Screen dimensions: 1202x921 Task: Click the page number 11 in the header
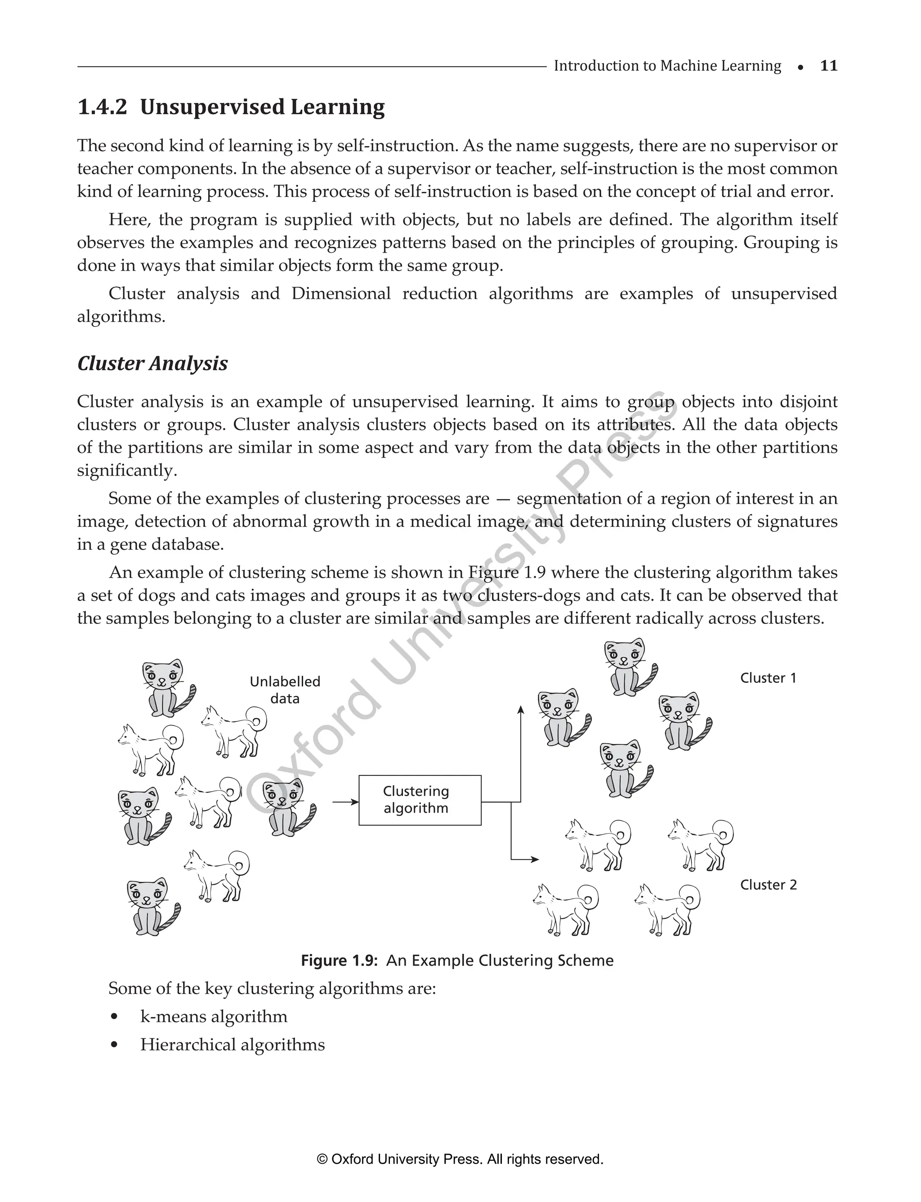tap(828, 66)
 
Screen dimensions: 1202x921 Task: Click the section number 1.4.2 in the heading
tap(102, 107)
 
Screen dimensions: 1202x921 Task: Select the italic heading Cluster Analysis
tap(152, 363)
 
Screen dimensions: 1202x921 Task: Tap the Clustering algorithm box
tap(420, 800)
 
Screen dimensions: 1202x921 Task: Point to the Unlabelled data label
tap(285, 690)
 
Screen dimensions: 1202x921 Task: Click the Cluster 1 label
tap(768, 678)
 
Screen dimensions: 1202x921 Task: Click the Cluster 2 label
tap(768, 884)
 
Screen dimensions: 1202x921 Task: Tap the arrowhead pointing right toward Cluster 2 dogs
tap(535, 859)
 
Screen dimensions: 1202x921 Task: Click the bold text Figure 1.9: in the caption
tap(340, 961)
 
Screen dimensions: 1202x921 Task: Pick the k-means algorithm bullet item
tap(213, 1016)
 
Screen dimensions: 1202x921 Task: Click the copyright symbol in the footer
tap(322, 1159)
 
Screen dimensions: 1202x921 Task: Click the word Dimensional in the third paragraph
tap(341, 294)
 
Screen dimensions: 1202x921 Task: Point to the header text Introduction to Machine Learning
tap(667, 66)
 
